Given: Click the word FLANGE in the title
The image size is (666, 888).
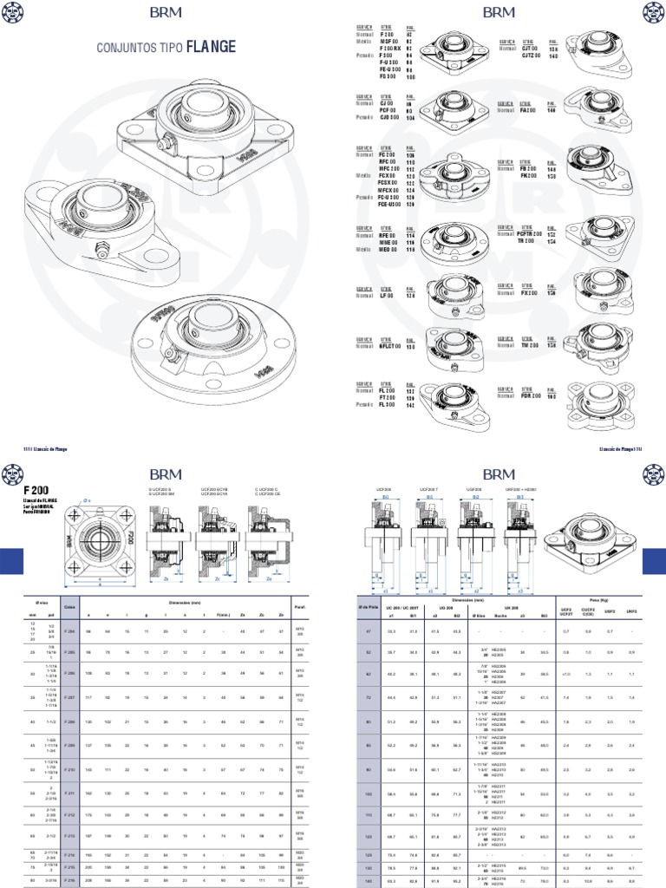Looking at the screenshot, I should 210,45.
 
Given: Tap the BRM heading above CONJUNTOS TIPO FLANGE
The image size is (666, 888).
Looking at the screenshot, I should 166,12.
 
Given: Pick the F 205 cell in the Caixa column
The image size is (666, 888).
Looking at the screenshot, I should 70,650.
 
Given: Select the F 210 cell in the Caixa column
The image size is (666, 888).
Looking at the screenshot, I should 70,769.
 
